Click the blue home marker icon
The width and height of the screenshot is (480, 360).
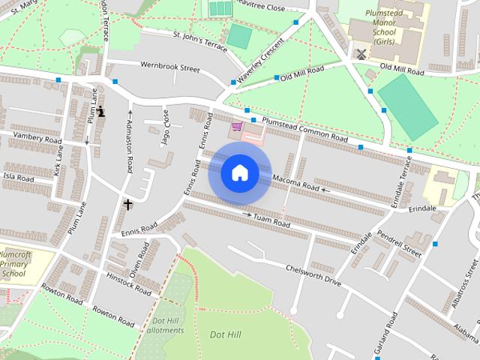[239, 173]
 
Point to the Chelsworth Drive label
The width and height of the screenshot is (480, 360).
[313, 274]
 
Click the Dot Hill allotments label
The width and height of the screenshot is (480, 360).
[163, 326]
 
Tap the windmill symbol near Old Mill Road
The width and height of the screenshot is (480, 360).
[360, 55]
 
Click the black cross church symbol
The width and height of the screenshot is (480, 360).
[127, 203]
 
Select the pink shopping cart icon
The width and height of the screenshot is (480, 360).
[237, 127]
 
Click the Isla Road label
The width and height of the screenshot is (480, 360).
[18, 178]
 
